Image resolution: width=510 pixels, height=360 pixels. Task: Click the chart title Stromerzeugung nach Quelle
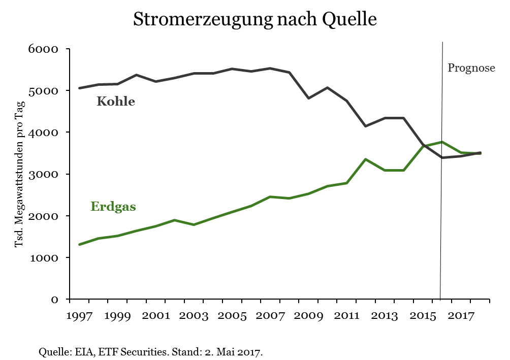[254, 20]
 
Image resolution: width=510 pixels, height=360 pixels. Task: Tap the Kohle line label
[116, 102]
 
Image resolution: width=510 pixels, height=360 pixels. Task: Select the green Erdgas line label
[113, 207]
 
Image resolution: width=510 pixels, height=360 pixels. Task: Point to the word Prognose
[471, 68]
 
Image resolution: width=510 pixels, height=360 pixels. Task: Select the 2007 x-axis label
[270, 316]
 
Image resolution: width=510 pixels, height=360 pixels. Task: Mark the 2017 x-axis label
[461, 316]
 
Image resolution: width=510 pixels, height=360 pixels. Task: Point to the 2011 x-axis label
[346, 316]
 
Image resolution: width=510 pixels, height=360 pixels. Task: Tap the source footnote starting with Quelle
[150, 351]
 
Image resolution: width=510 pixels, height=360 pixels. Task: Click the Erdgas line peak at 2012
[365, 159]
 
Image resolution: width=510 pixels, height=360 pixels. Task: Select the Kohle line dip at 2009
[308, 98]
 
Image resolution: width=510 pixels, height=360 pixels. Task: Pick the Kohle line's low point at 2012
[365, 126]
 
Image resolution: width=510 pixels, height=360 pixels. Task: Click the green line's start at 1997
[80, 244]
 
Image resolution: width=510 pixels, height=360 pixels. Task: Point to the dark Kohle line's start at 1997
[80, 88]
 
